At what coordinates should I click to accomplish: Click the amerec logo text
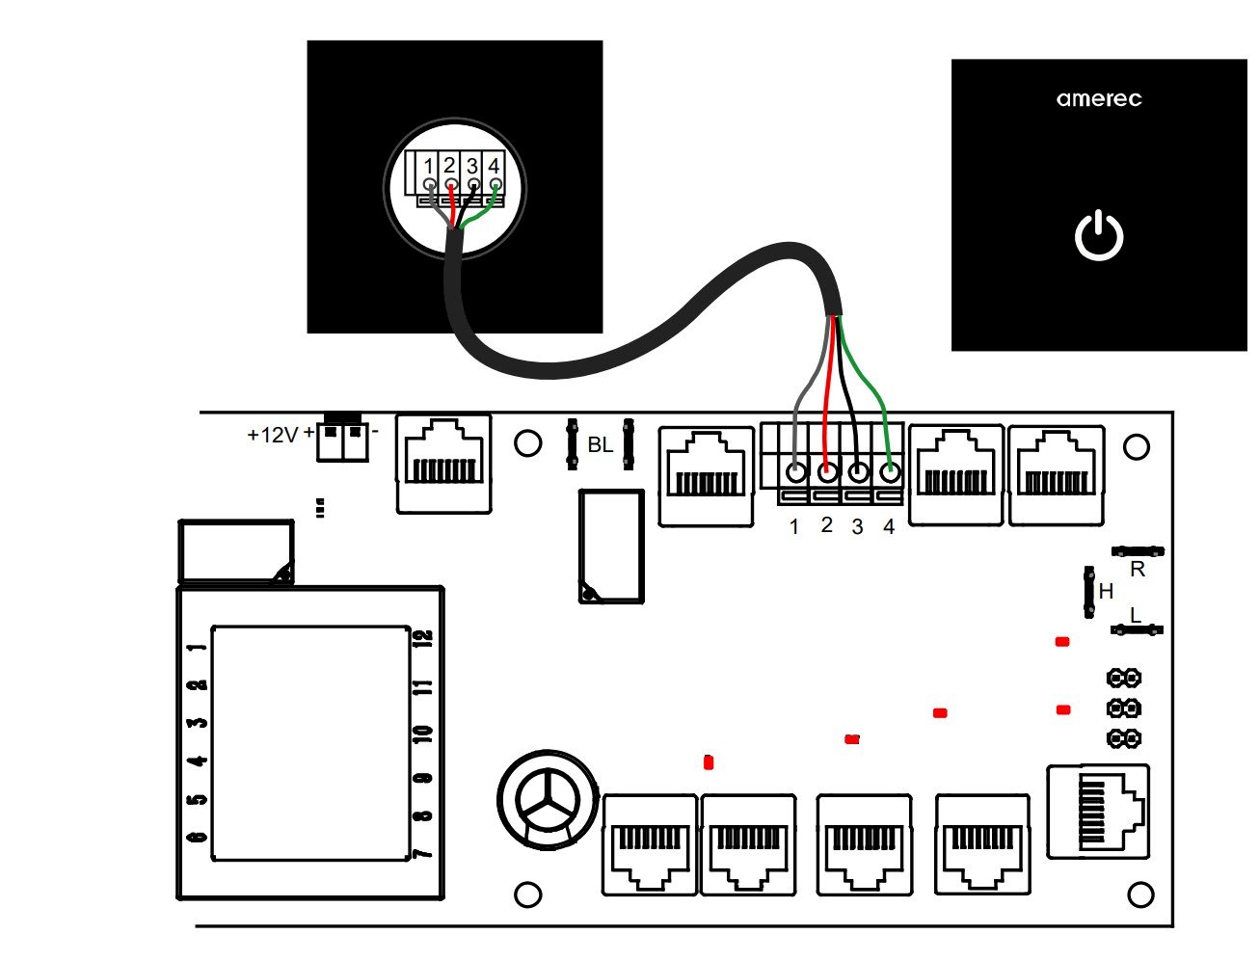coord(1098,98)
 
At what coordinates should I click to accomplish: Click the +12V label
coord(273,436)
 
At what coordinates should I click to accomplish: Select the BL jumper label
coord(600,445)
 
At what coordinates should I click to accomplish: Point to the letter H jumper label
coord(1106,591)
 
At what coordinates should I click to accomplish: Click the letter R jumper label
coord(1138,570)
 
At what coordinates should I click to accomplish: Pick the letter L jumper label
coord(1135,615)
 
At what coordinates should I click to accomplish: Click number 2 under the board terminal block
coord(826,525)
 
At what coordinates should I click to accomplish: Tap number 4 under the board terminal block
coord(889,527)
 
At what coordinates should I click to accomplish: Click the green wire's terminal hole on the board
coord(890,473)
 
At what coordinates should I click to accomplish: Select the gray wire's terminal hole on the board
coord(795,473)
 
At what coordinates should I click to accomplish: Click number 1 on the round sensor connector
coord(428,166)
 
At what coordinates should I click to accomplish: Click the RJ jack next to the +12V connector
coord(442,463)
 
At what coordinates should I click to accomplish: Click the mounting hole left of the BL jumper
coord(527,443)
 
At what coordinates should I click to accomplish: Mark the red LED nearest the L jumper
coord(1062,642)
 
